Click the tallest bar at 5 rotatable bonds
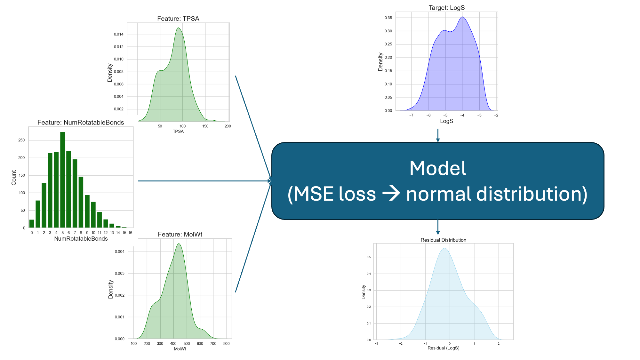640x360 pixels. (62, 179)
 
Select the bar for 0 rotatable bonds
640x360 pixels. (32, 223)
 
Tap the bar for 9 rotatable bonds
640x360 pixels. (87, 211)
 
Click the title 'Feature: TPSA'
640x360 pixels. (178, 19)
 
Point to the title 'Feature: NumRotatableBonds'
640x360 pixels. (81, 122)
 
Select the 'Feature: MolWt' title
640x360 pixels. (180, 234)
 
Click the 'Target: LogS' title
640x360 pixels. (446, 8)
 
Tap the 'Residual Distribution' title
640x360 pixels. (443, 240)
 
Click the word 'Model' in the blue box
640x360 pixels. (438, 168)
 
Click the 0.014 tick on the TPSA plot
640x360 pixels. (118, 34)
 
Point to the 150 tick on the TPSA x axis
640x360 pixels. (205, 126)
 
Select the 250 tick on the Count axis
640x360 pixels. (21, 140)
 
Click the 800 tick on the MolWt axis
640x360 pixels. (226, 344)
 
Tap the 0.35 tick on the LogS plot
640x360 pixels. (388, 18)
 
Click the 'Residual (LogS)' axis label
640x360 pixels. (443, 348)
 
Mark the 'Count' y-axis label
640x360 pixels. (14, 178)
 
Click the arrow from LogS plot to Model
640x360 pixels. (438, 135)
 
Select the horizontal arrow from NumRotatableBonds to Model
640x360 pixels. (205, 181)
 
